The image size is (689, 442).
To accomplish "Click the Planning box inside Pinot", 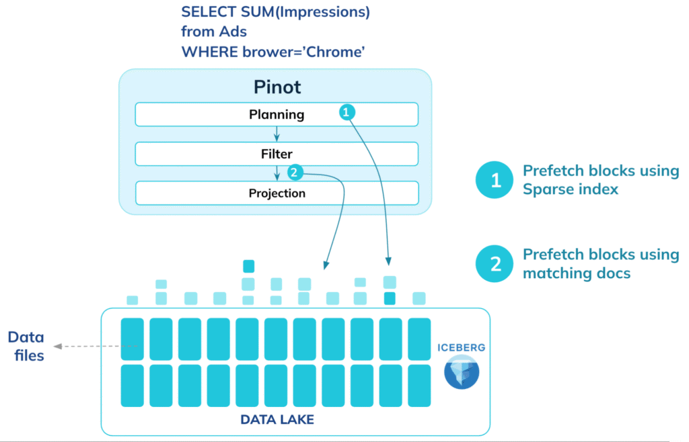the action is (x=277, y=114).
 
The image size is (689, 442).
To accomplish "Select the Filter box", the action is (x=277, y=154).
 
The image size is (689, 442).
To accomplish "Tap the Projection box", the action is (x=277, y=193).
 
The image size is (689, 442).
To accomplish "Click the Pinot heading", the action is (x=277, y=87).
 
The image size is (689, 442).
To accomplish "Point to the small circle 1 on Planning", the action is (x=347, y=112).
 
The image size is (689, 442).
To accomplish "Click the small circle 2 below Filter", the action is (x=295, y=173).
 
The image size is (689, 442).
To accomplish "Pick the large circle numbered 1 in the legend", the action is (x=495, y=180).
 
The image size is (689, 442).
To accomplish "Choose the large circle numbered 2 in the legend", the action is (x=495, y=263).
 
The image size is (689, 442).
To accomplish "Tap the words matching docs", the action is (x=577, y=273).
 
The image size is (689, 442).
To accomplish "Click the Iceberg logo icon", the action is (x=462, y=372).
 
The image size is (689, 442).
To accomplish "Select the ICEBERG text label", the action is (x=462, y=348).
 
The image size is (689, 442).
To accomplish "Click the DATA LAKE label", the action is (x=277, y=420).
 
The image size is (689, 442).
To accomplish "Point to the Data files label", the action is (x=26, y=346).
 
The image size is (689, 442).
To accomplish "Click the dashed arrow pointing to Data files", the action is (x=96, y=347).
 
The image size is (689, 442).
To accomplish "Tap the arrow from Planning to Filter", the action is (x=277, y=134).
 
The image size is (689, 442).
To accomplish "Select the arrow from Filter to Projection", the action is (x=277, y=173).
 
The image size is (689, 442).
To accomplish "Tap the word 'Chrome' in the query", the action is (x=335, y=52).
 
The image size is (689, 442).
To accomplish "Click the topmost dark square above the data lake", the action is (x=249, y=266).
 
